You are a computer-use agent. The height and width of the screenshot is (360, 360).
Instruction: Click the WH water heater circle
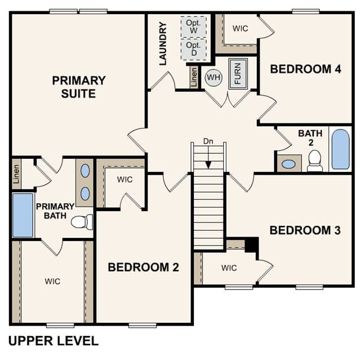(214, 77)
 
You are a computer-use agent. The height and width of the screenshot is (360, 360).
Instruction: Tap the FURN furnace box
(238, 74)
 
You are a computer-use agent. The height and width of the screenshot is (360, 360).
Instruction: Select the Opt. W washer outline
(194, 26)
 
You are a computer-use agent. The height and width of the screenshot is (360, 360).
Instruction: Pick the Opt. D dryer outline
(194, 49)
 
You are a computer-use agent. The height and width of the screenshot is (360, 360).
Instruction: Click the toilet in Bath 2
(315, 161)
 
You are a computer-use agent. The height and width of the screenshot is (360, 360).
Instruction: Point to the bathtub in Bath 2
(340, 149)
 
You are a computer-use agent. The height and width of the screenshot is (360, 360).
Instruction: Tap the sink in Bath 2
(288, 164)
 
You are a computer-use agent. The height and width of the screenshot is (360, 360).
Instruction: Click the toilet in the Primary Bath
(82, 222)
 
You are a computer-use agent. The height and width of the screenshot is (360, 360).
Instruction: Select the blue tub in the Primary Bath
(23, 215)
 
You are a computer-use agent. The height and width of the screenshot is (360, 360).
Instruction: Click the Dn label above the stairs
(208, 141)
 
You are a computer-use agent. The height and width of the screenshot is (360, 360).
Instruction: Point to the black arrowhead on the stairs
(208, 165)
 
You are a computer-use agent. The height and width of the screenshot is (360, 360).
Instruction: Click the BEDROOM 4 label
(305, 69)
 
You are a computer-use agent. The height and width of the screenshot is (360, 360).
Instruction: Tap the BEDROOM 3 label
(305, 230)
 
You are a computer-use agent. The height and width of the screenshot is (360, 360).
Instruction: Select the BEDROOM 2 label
(143, 267)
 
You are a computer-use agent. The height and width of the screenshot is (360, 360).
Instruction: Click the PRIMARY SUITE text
(79, 87)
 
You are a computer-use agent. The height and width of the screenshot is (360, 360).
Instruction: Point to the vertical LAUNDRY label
(163, 43)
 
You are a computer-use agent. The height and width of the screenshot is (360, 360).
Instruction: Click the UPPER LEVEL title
(54, 341)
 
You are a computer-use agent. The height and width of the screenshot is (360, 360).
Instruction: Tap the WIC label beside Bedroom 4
(240, 29)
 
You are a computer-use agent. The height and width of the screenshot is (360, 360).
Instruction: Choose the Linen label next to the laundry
(194, 77)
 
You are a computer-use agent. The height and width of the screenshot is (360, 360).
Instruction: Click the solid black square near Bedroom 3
(252, 245)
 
